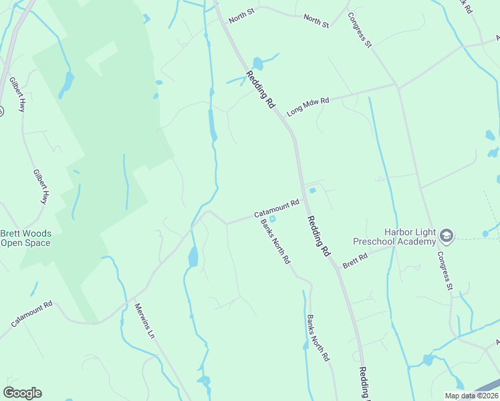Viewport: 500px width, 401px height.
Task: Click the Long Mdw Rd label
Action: (308, 106)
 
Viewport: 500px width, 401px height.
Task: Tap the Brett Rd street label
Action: (355, 259)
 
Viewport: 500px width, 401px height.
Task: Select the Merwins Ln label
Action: (144, 321)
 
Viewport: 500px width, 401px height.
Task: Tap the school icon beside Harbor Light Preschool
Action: (447, 236)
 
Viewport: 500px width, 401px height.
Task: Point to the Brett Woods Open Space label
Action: (25, 238)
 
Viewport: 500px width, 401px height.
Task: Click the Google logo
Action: (22, 393)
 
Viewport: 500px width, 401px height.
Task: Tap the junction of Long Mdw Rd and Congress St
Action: (398, 85)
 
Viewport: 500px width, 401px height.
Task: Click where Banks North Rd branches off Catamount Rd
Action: (259, 216)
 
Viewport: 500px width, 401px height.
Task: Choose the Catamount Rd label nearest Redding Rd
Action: (276, 208)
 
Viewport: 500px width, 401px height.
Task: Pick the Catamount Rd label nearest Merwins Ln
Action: (31, 314)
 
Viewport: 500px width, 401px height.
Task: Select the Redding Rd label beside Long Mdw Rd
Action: (261, 90)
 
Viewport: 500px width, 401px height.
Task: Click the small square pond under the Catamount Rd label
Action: (272, 219)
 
